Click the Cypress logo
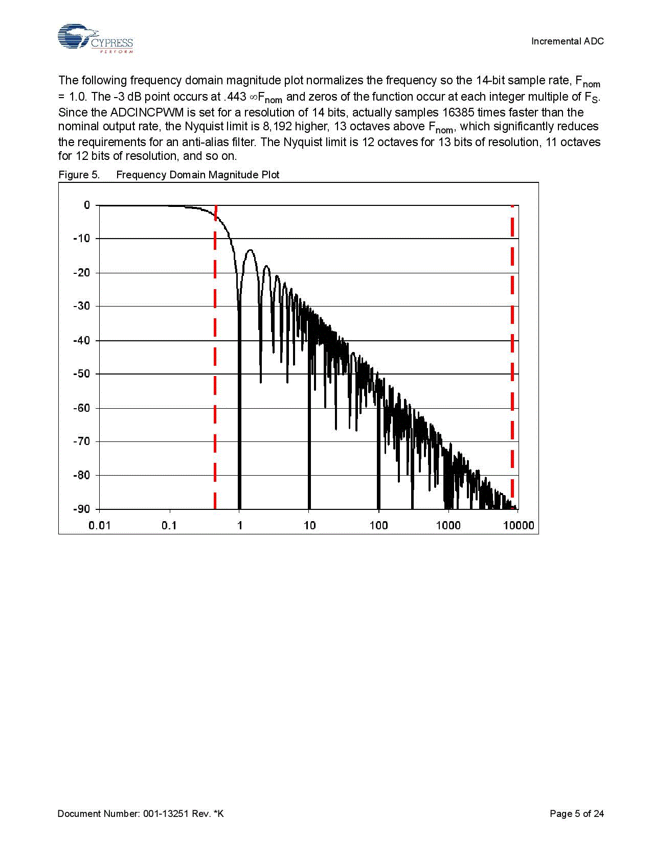coord(95,38)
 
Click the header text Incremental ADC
coord(567,41)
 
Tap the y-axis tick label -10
coord(81,239)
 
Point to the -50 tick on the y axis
coord(81,374)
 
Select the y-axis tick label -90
coord(81,509)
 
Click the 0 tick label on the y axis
coord(87,205)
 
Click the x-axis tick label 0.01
coord(99,525)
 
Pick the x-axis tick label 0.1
coord(169,525)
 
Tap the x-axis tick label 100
coord(378,525)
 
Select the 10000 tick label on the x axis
coord(519,525)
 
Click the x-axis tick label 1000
coord(448,525)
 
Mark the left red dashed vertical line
coord(215,358)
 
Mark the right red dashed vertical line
coord(512,358)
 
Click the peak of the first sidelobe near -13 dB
coord(250,250)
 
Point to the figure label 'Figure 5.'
coord(79,175)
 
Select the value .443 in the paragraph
coord(235,97)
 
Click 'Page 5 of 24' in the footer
coord(576,813)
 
